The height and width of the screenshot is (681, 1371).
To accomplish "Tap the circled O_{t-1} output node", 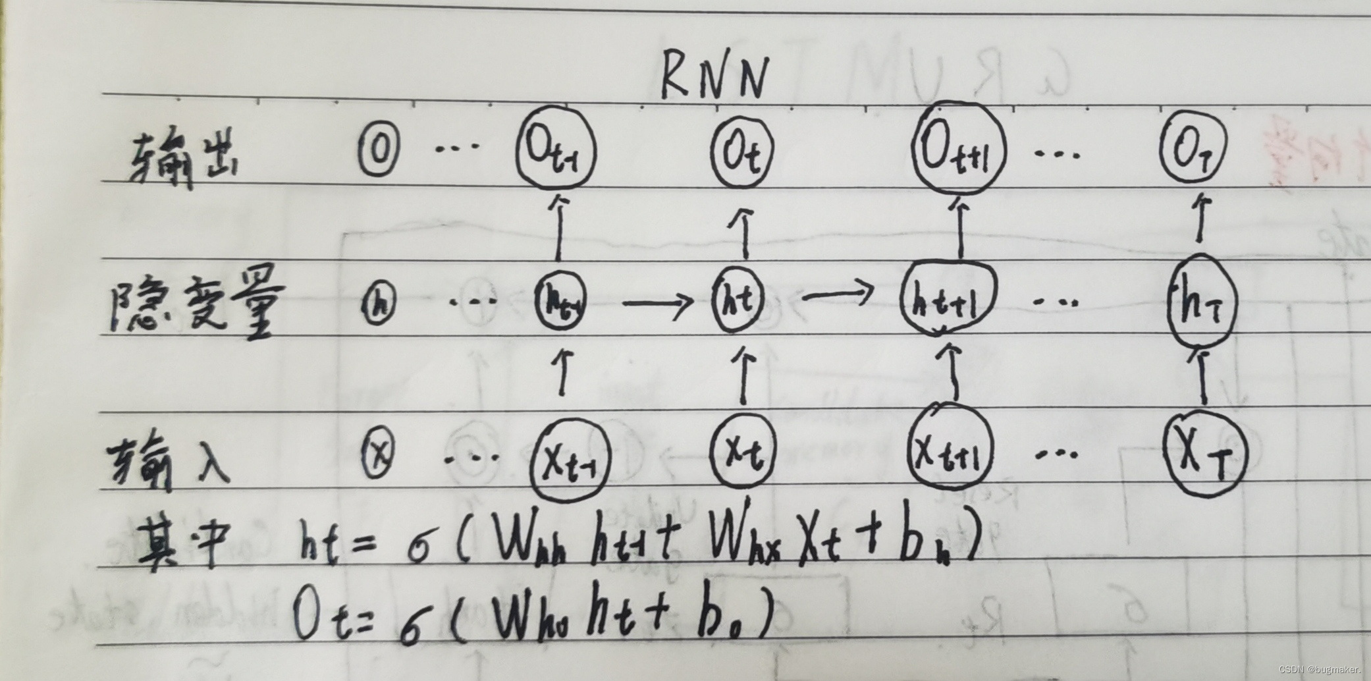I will [x=555, y=152].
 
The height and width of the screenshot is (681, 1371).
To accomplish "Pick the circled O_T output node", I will [x=1193, y=152].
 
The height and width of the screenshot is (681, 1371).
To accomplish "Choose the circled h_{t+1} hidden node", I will [x=948, y=300].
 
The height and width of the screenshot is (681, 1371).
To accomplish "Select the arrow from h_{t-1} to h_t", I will [x=657, y=303].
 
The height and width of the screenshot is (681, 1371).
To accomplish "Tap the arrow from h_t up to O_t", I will [x=745, y=234].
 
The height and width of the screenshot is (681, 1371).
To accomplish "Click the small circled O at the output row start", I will [x=379, y=151].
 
